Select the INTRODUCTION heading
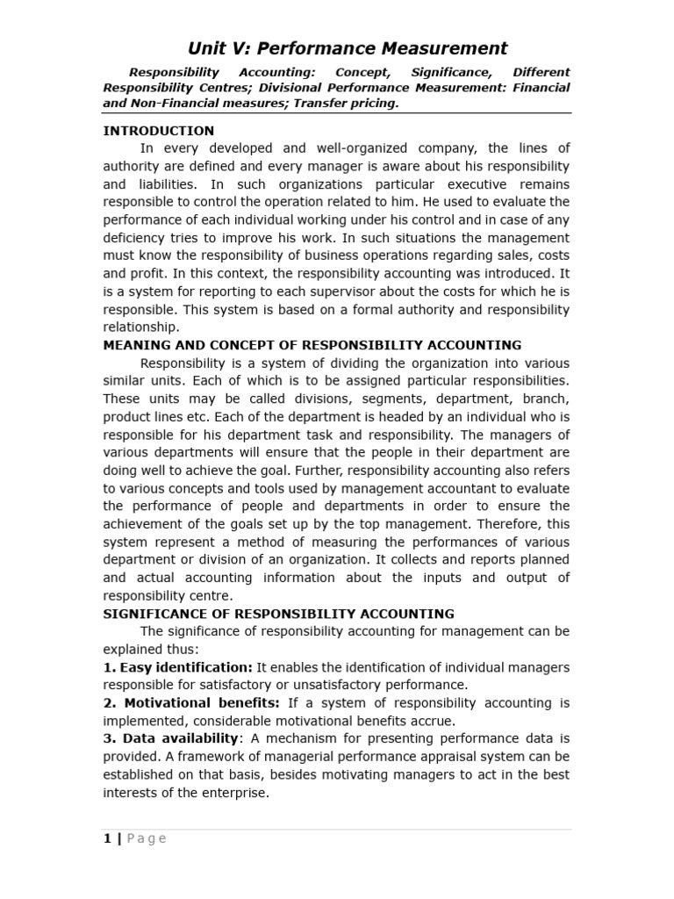coord(158,131)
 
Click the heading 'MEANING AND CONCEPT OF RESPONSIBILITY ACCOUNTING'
coord(312,345)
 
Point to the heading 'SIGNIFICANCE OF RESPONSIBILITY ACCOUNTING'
coord(279,614)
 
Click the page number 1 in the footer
coord(107,838)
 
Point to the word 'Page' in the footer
coord(147,838)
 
